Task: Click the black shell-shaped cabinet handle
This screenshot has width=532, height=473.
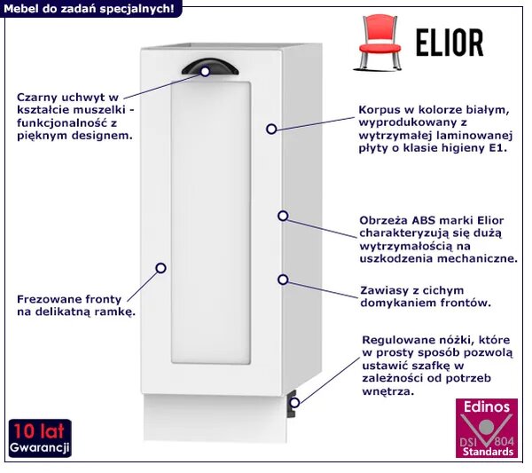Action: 210,67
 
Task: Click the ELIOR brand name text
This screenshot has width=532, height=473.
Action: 450,43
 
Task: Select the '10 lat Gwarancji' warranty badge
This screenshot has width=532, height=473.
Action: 40,438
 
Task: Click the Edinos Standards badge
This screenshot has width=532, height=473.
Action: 487,428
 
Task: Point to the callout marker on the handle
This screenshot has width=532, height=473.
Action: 205,72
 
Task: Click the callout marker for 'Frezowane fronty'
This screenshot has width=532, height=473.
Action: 160,268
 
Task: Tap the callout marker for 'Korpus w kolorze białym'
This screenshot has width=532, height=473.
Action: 271,129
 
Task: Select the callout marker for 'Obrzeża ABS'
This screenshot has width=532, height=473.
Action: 283,216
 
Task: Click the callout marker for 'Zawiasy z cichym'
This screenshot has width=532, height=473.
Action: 283,280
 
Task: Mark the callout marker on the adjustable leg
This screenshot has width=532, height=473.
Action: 294,403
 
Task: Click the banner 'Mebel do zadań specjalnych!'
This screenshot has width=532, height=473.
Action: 90,9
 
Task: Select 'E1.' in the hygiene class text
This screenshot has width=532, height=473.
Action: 498,148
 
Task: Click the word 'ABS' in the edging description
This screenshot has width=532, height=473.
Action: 424,220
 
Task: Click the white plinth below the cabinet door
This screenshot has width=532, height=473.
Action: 215,418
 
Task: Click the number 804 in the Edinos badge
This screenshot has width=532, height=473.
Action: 505,441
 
